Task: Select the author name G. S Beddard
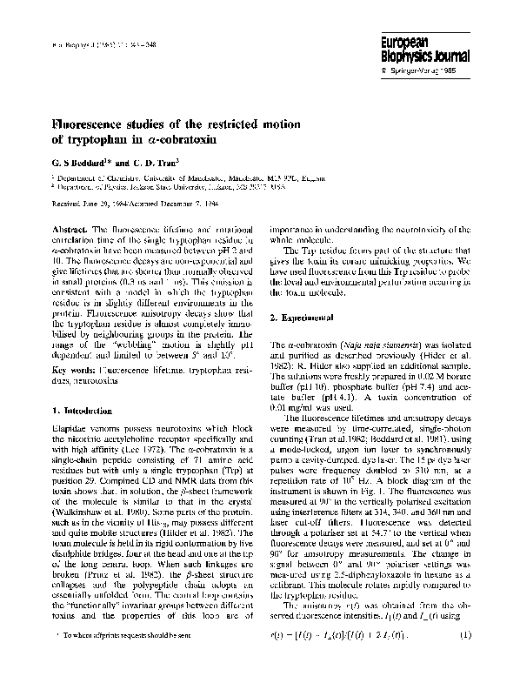[x=82, y=162]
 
